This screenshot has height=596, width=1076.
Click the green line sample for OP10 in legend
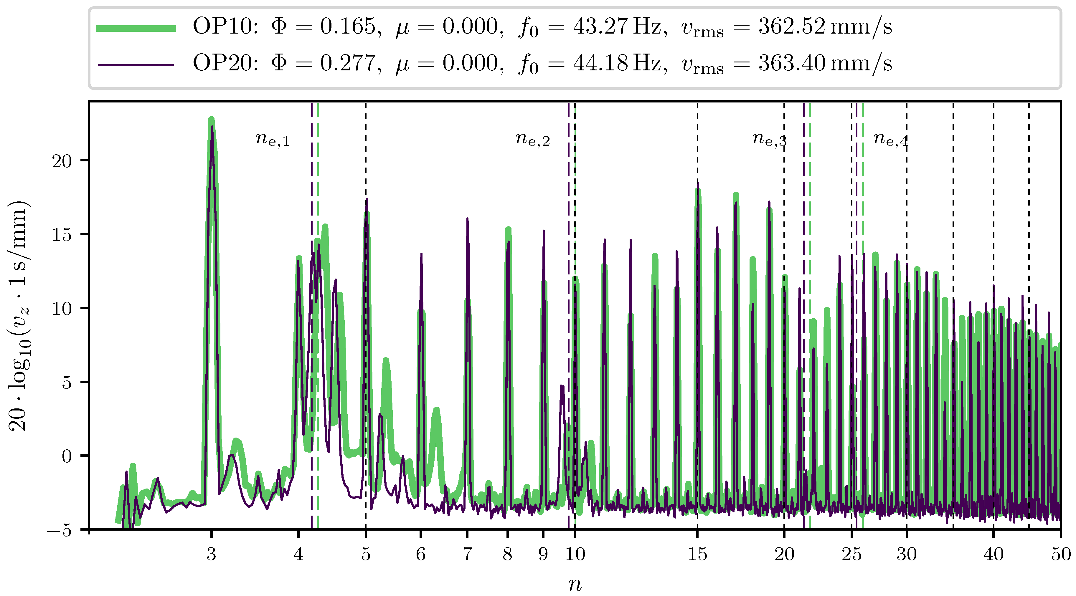(x=136, y=28)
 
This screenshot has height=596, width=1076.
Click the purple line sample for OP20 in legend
(x=136, y=65)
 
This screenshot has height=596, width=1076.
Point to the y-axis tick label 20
(x=62, y=161)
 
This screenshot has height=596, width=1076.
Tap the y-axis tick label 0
(x=67, y=456)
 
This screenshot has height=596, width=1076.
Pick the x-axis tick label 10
(x=575, y=554)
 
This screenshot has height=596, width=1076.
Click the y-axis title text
(x=19, y=316)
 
